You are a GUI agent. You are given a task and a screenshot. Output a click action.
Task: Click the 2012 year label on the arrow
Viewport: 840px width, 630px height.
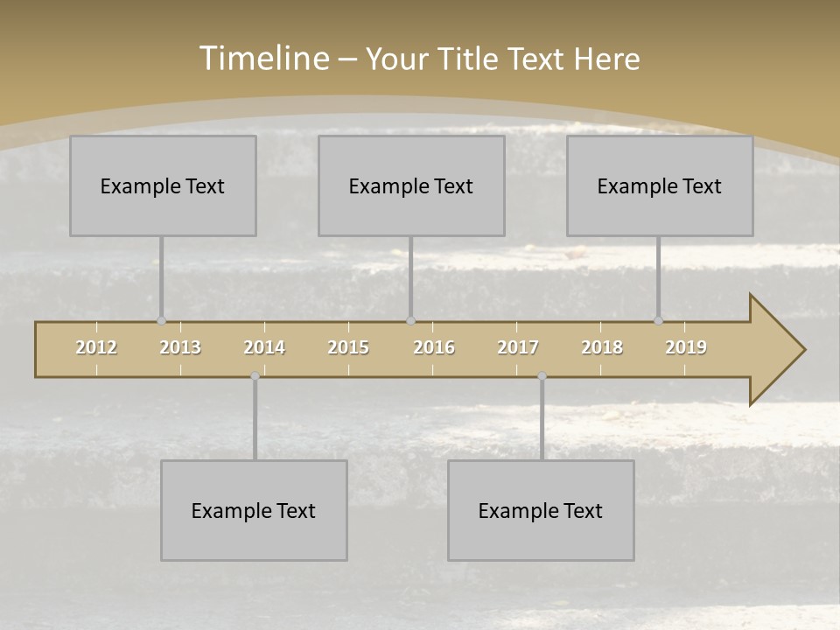(x=96, y=347)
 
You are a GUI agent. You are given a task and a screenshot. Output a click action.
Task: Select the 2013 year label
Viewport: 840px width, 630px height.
(x=180, y=347)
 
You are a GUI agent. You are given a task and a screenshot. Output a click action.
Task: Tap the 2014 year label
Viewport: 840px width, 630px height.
(x=264, y=347)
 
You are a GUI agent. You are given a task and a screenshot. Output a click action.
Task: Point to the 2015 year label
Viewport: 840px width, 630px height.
(x=348, y=347)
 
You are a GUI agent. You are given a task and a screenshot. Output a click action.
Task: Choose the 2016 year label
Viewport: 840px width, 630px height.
(x=434, y=347)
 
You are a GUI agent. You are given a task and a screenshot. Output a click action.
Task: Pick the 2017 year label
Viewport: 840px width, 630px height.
(x=518, y=347)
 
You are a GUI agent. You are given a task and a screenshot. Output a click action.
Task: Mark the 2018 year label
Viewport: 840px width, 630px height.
(x=602, y=347)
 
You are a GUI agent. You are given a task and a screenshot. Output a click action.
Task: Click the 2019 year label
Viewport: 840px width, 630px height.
(x=686, y=347)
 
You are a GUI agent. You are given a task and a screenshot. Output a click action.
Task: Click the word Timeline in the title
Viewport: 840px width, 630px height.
(x=263, y=59)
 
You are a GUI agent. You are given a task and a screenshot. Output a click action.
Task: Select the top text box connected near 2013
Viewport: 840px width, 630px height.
(x=163, y=185)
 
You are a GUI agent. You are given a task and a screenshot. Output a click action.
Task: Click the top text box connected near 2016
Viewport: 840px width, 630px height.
(x=411, y=185)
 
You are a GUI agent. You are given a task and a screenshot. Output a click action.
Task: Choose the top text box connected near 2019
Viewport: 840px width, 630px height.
(x=660, y=185)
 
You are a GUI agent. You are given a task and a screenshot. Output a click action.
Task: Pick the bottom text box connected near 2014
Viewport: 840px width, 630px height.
(x=254, y=510)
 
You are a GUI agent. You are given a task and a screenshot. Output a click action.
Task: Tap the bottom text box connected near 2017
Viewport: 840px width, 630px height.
(x=541, y=510)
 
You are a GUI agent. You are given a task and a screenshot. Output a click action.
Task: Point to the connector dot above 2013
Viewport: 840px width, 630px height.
(x=161, y=320)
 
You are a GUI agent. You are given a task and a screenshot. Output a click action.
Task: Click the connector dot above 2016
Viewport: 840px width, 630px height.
(x=410, y=320)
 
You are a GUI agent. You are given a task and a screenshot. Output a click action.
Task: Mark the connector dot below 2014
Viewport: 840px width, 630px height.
(x=255, y=376)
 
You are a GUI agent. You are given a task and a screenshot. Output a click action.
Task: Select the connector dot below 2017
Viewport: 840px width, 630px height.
(x=542, y=376)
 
